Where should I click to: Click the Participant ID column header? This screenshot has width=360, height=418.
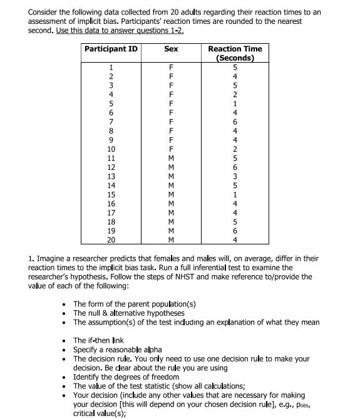111,49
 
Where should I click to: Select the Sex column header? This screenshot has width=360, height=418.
171,49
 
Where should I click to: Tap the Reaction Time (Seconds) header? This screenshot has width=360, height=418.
235,53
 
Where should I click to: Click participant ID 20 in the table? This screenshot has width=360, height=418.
111,240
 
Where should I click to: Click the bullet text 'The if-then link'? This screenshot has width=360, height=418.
103,339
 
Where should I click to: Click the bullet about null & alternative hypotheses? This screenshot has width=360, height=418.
128,313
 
